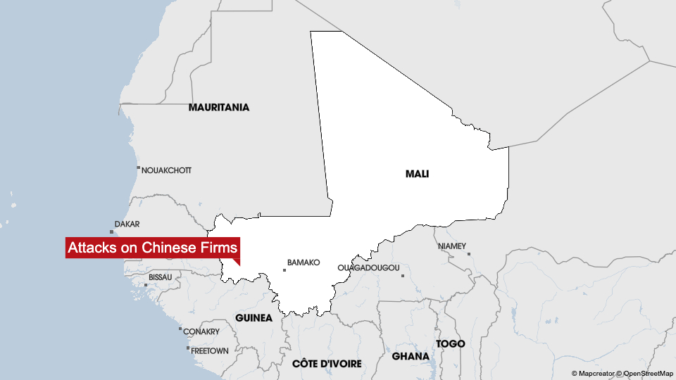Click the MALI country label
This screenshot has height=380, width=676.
(x=417, y=173)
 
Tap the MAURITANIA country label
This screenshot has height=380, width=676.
(x=218, y=108)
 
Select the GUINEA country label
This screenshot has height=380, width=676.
(x=254, y=317)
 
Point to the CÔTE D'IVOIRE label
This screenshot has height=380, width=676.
(x=327, y=363)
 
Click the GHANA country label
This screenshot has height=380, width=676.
(x=411, y=356)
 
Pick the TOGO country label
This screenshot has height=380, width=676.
(x=451, y=343)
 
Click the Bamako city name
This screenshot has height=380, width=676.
(x=303, y=262)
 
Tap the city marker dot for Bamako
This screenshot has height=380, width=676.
(x=284, y=270)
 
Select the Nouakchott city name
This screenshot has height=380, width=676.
(x=166, y=170)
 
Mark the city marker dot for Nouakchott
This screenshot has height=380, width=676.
(x=139, y=168)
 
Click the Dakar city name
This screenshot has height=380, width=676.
(x=127, y=224)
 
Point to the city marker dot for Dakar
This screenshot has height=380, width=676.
(x=112, y=232)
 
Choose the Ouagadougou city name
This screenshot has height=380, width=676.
(x=368, y=267)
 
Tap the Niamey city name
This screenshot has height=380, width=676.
(x=451, y=246)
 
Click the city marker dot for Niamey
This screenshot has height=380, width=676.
(x=468, y=254)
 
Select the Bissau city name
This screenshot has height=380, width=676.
(x=161, y=277)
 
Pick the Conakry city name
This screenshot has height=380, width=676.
(x=201, y=331)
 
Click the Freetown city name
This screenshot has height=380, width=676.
(x=210, y=350)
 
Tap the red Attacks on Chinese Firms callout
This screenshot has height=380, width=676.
(x=153, y=248)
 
